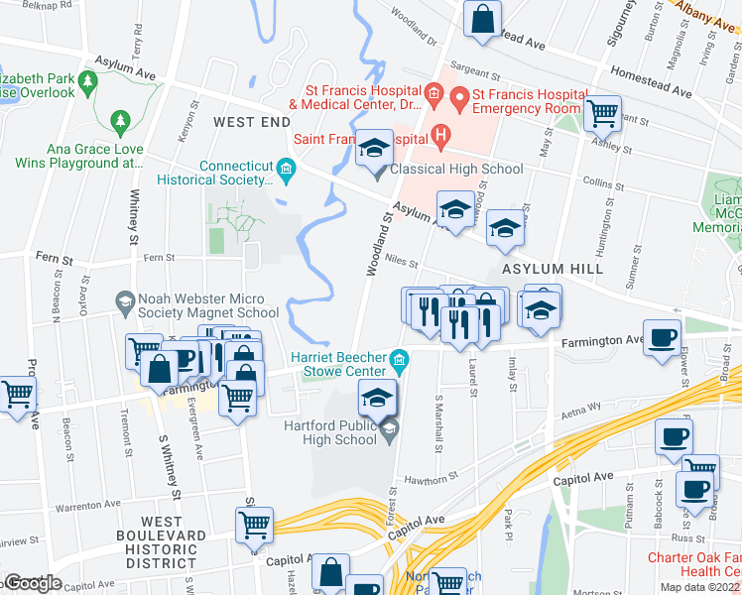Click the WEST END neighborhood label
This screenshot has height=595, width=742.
252,122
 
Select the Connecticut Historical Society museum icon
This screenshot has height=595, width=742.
286,167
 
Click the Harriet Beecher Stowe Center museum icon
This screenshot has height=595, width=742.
399,358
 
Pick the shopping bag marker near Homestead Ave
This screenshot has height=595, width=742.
482,20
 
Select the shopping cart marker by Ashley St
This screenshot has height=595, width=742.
602,115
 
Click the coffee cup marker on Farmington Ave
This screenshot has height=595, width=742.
662,337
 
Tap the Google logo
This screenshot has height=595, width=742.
33,583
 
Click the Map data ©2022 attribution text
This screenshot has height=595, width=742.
699,587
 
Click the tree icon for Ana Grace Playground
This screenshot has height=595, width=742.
121,121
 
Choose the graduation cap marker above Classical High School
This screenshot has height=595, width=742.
374,149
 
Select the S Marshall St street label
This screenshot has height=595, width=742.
438,417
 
